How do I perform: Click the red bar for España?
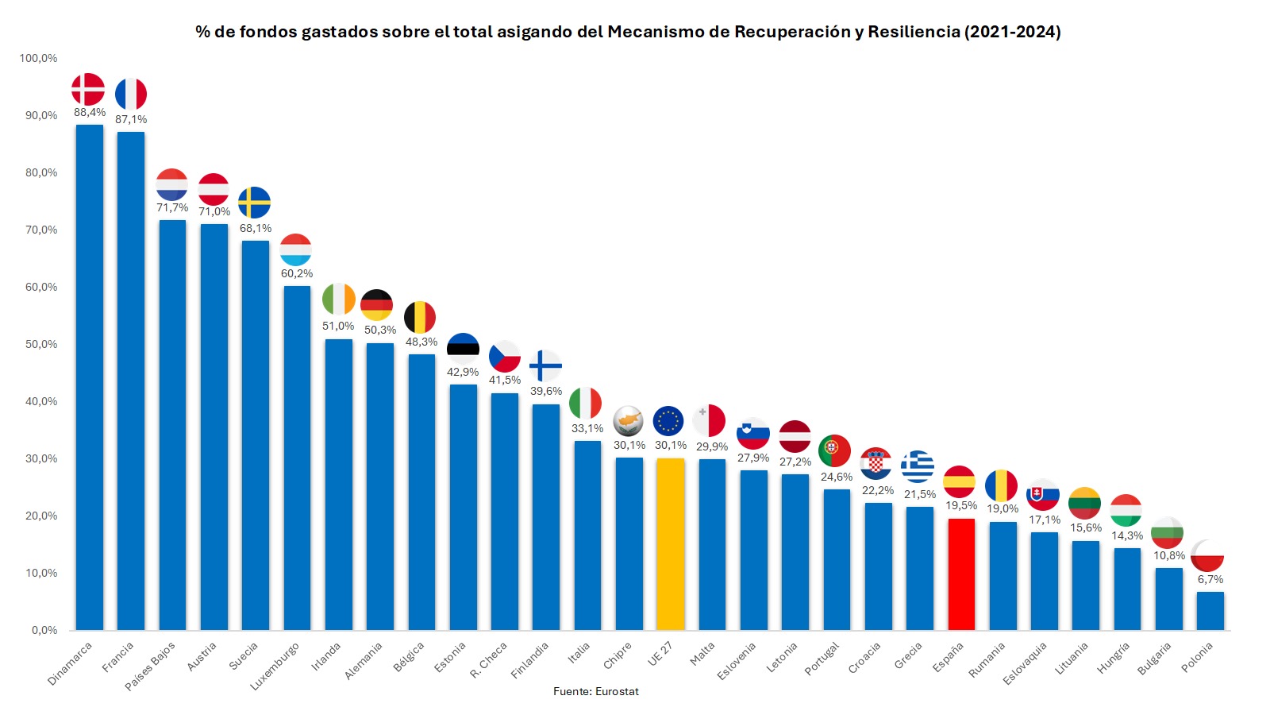coord(960,574)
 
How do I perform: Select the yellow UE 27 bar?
coord(670,544)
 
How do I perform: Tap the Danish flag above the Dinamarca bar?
coord(88,89)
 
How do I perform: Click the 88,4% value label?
coord(90,113)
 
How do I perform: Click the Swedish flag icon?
coord(254,203)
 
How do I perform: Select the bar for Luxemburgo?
coord(297,458)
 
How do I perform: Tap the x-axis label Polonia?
coord(1197,657)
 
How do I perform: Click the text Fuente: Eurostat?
coord(595,691)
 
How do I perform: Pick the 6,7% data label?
coord(1210,579)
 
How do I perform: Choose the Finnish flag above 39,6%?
coord(545,366)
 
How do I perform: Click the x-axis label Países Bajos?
coord(150,666)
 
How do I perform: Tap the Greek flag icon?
coord(917,466)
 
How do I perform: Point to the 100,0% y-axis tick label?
coord(38,58)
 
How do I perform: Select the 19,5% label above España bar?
coord(960,505)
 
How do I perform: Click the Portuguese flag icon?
coord(834,450)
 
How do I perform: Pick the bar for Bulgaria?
coord(1168,598)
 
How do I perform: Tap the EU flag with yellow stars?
coord(668,421)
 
